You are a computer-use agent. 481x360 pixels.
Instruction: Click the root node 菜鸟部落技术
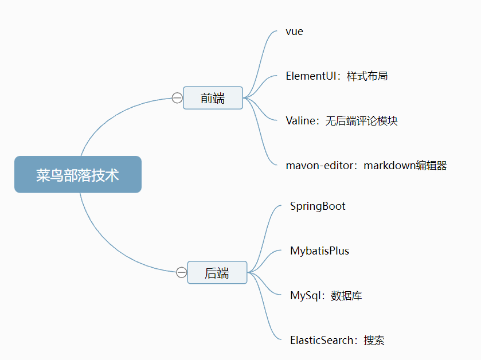pos(77,175)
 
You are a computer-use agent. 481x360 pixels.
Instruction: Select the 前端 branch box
pos(213,98)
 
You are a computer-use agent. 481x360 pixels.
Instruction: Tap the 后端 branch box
pos(217,273)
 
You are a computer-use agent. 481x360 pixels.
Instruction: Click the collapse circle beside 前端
pos(177,98)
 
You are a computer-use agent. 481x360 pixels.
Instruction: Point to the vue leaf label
pos(294,32)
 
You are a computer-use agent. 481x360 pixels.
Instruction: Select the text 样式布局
pos(367,76)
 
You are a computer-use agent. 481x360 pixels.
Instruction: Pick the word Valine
pos(300,121)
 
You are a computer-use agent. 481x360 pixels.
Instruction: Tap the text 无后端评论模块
pos(362,121)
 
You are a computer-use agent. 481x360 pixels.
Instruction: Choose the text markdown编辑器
pos(405,166)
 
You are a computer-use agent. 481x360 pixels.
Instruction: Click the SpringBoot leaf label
pos(318,206)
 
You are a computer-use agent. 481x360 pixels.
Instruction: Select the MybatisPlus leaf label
pos(319,251)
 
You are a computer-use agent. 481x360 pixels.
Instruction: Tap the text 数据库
pos(347,296)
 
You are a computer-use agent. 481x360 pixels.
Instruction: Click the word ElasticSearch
pos(322,341)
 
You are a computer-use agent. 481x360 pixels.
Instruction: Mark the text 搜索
pos(374,341)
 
